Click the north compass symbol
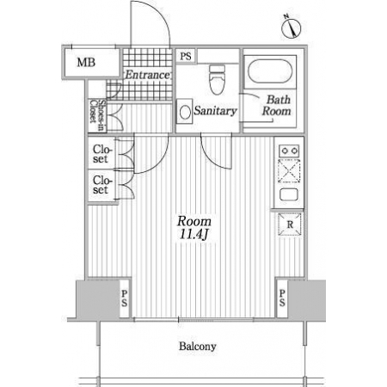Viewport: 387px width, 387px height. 291,27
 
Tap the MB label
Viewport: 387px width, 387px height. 86,62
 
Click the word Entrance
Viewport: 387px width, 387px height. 148,75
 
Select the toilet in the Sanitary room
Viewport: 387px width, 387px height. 218,80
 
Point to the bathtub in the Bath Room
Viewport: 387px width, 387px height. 270,71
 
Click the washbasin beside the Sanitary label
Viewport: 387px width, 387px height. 184,112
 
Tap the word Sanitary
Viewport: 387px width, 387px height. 215,111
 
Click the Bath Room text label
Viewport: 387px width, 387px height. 277,105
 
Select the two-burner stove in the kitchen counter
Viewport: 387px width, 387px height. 289,150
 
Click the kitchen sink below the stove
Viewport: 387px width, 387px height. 289,194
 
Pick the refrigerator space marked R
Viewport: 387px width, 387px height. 290,224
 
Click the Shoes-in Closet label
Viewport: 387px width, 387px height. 97,115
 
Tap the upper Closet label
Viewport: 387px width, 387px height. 102,154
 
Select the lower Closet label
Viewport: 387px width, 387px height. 102,185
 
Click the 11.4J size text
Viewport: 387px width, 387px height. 193,235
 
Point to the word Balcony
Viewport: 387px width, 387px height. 198,347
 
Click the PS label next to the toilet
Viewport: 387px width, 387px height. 186,56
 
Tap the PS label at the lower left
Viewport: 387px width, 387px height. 125,298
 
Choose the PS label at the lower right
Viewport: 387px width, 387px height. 282,298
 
